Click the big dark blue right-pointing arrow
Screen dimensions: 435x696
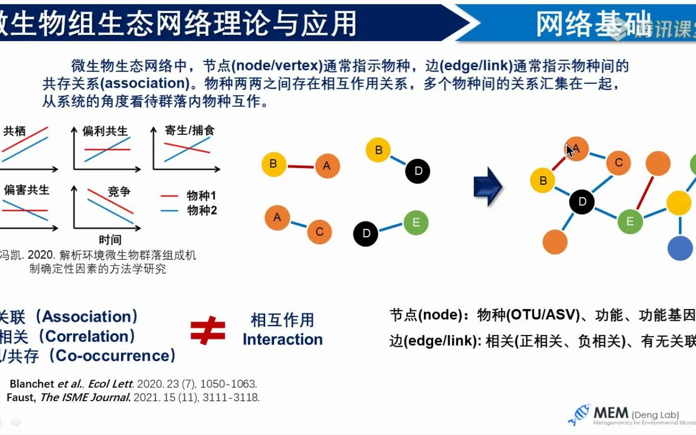point(488,187)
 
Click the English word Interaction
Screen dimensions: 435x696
point(282,339)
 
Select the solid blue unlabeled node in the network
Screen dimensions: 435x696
point(680,248)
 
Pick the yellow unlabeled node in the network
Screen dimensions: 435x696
point(679,202)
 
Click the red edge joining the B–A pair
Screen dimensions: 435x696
point(300,167)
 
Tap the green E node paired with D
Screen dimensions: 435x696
point(416,222)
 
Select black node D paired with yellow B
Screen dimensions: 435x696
point(418,171)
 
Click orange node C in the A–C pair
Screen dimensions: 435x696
point(320,231)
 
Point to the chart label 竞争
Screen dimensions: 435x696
point(119,192)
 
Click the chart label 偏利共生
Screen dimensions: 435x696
point(105,131)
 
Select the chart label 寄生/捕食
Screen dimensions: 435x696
point(190,130)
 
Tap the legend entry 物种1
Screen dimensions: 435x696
point(201,196)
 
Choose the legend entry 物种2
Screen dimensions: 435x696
point(201,211)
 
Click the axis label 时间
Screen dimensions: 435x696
point(110,240)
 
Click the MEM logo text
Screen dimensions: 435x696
point(611,413)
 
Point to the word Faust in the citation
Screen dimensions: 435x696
point(21,397)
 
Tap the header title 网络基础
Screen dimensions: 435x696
point(593,24)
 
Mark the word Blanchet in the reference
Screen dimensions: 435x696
point(32,384)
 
